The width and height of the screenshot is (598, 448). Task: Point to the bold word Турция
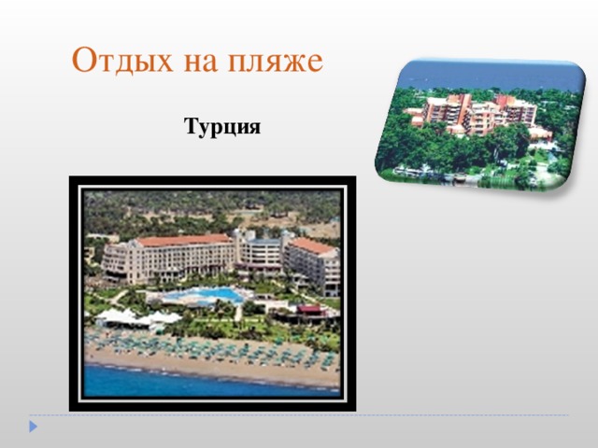[x=222, y=126]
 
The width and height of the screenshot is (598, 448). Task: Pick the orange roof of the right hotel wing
[x=312, y=245]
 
